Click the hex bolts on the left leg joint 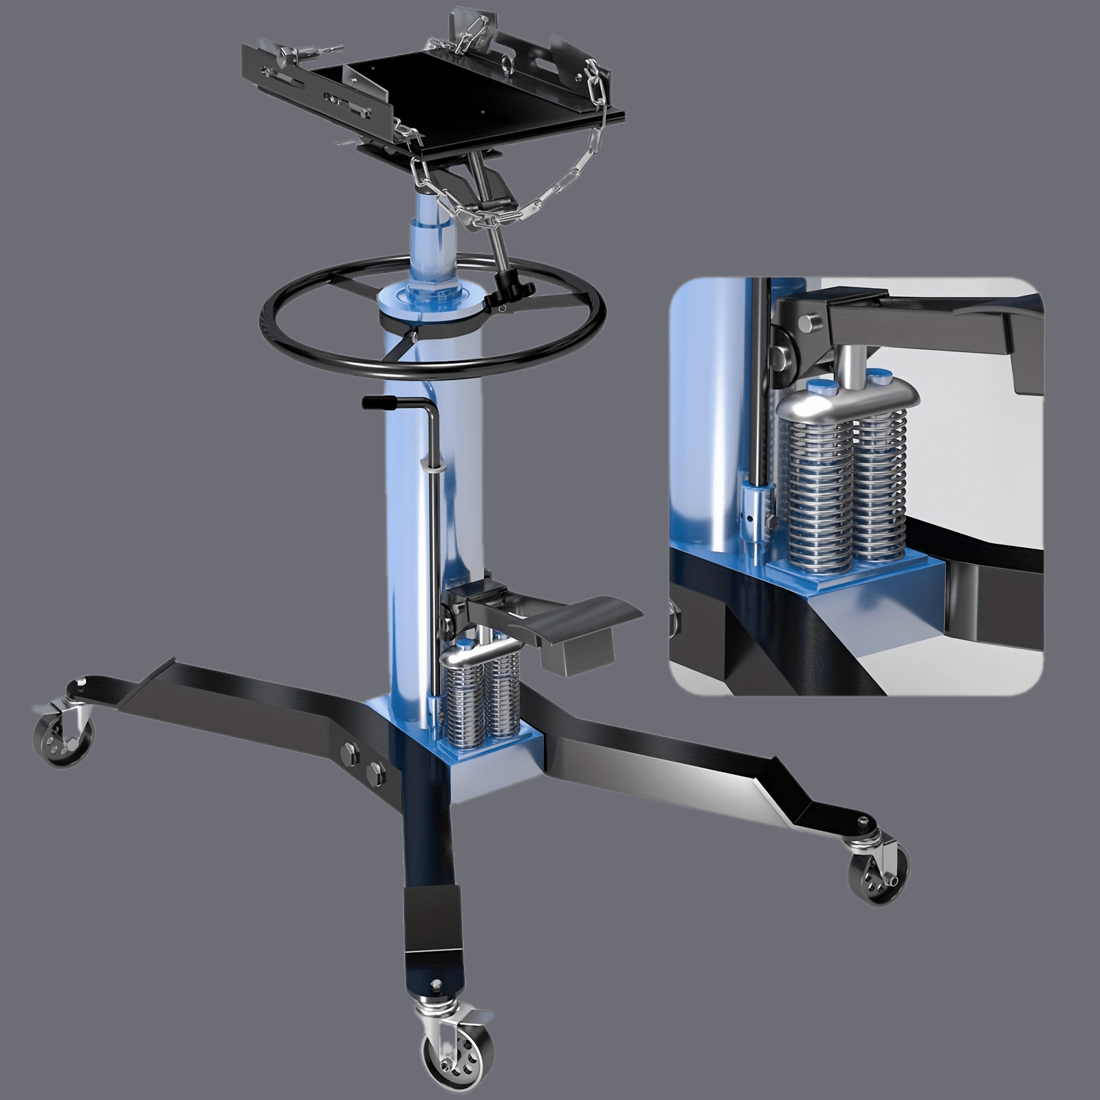(364, 762)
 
